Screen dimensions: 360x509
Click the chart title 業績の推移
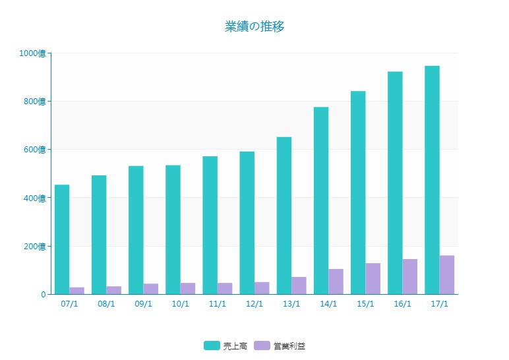[254, 26]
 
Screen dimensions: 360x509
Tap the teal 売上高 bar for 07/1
[62, 239]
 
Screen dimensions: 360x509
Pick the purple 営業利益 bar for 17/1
[447, 274]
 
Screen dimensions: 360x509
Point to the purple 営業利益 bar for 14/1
[336, 282]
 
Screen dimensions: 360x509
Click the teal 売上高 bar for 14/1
[321, 200]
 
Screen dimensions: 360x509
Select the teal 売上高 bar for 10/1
[173, 229]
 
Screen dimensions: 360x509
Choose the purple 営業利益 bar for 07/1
[76, 291]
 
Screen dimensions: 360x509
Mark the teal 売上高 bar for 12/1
[247, 223]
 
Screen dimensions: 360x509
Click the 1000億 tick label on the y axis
[33, 53]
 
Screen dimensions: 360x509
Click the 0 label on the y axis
[43, 295]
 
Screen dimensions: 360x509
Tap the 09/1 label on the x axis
[143, 304]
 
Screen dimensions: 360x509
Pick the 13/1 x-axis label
[291, 304]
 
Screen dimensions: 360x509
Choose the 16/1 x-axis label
[402, 304]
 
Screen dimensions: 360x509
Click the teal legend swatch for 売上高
[212, 345]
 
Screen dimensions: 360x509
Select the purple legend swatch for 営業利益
[262, 345]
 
